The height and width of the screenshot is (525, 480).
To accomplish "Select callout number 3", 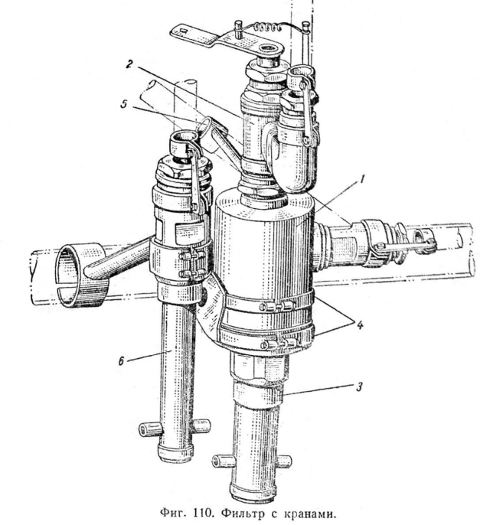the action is click(x=359, y=387).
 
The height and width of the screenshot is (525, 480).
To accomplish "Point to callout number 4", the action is click(x=359, y=325).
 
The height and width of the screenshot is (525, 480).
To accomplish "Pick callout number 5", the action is click(x=124, y=104).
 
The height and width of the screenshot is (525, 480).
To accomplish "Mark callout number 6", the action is click(x=121, y=361).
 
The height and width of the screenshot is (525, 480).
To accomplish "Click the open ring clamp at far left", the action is click(x=81, y=276).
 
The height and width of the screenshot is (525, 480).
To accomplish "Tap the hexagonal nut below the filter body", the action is click(x=259, y=366).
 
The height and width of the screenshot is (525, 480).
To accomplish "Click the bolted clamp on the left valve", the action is click(x=181, y=264).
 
